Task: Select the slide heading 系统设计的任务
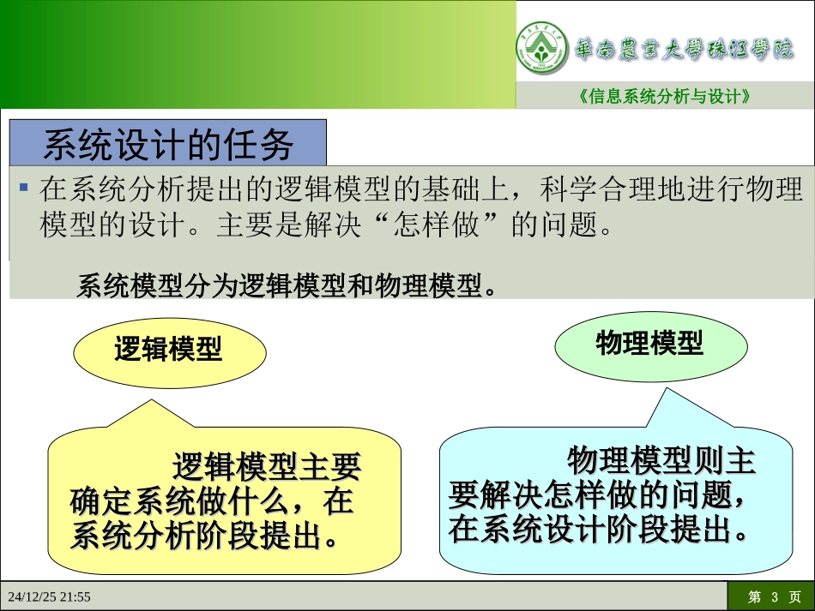click(168, 144)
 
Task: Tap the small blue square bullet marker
click(24, 187)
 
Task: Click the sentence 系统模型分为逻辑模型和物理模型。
click(287, 285)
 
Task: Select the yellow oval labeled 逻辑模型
click(168, 350)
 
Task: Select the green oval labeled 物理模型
click(649, 344)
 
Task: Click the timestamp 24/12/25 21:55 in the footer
click(50, 596)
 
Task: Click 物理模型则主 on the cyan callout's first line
click(661, 461)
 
